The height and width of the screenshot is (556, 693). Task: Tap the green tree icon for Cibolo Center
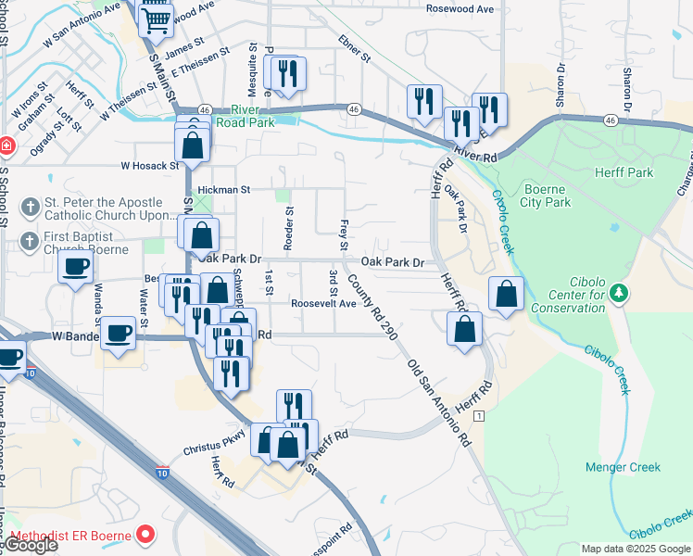620,294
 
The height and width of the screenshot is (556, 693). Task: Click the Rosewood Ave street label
460,8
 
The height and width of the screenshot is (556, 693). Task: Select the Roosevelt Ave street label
323,303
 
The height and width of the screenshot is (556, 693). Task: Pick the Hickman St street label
223,188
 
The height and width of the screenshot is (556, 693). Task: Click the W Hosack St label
149,166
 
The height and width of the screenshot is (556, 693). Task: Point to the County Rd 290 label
373,306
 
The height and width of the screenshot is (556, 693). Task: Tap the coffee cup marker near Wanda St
75,267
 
